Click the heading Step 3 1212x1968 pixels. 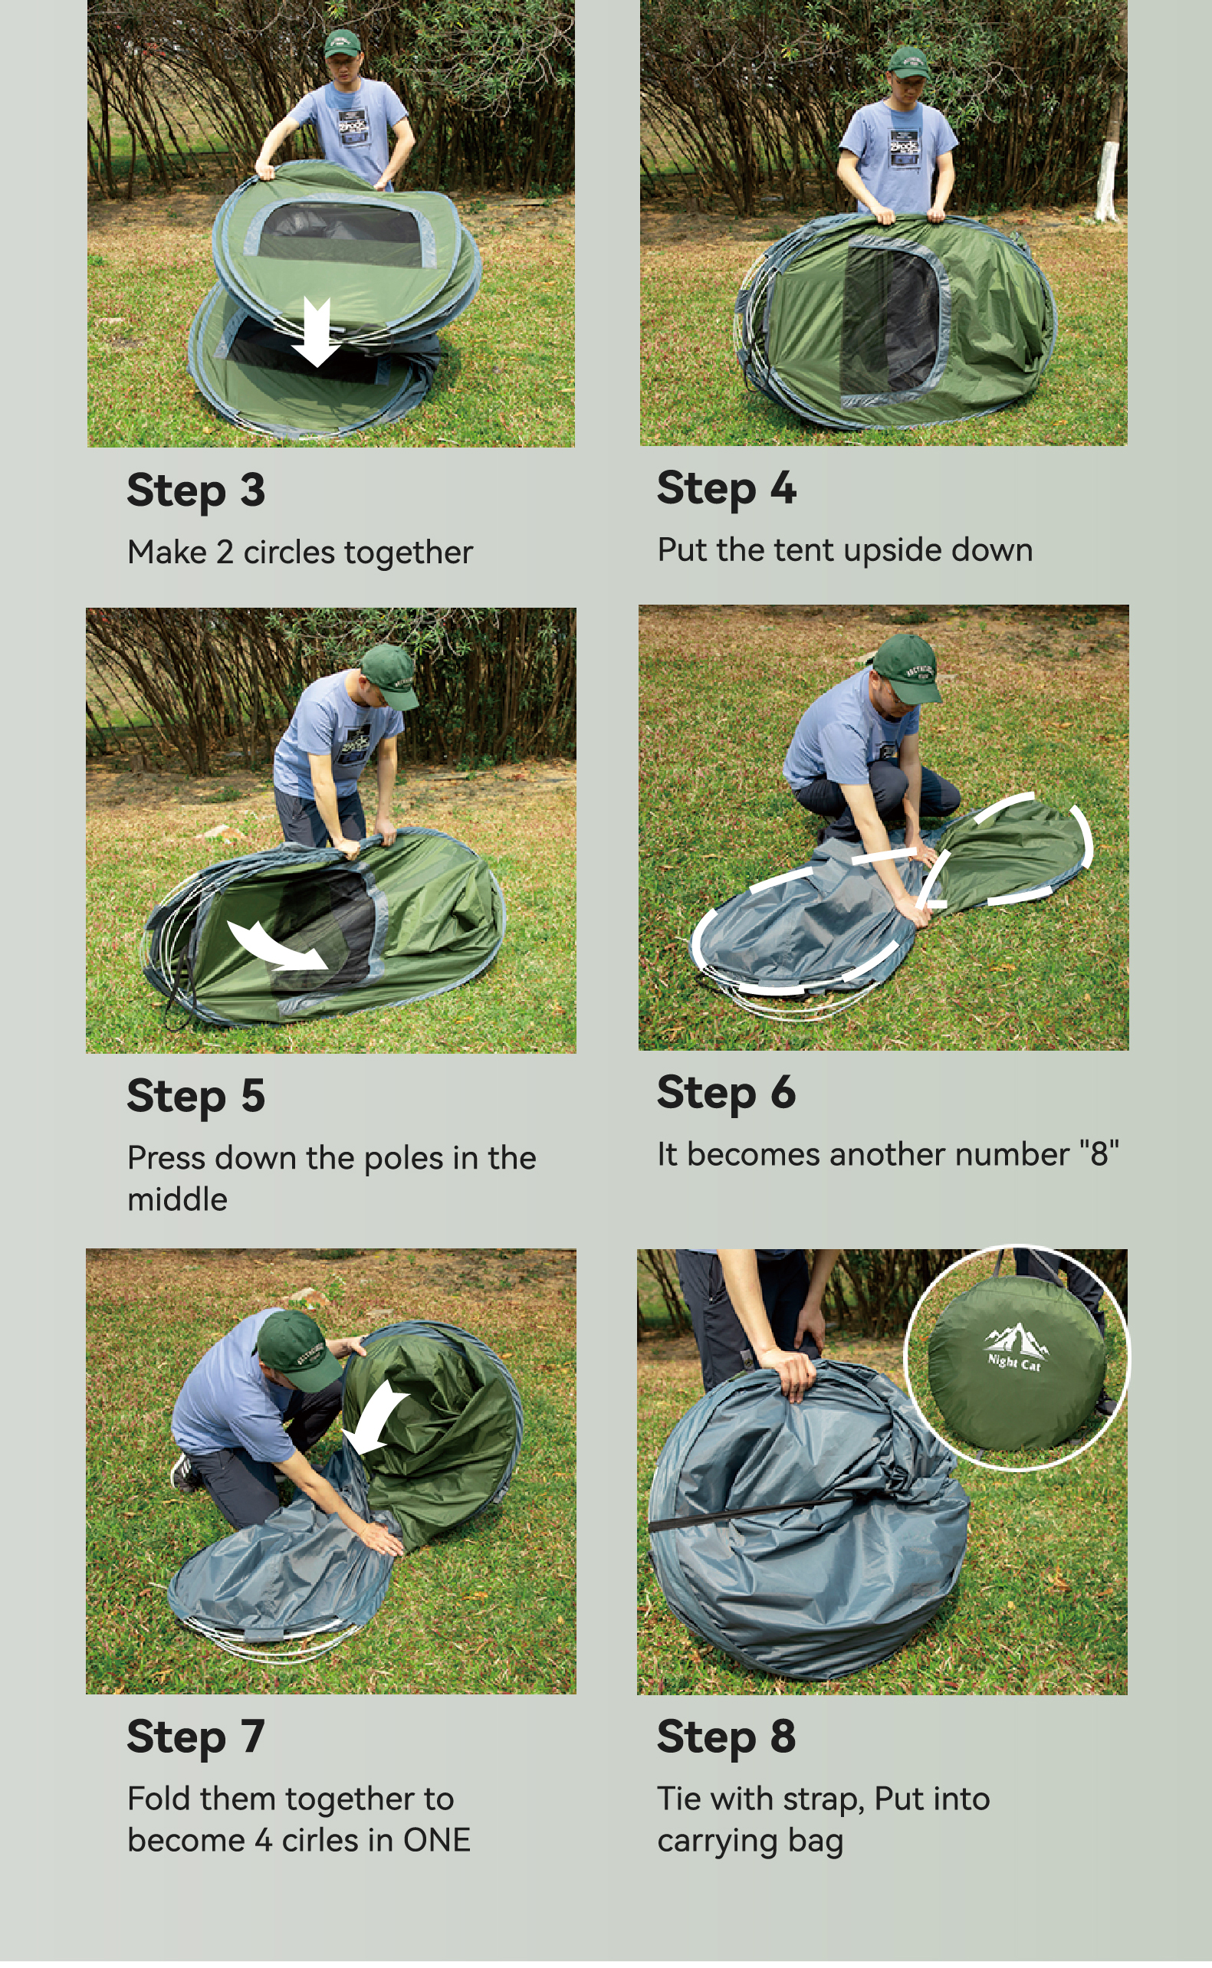click(195, 490)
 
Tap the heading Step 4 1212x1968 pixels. click(726, 488)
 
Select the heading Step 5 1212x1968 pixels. click(195, 1096)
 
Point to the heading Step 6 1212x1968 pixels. click(726, 1093)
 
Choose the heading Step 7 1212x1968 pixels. click(195, 1737)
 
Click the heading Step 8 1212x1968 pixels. click(726, 1737)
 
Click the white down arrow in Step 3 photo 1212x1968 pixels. click(317, 332)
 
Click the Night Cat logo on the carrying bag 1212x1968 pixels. click(1016, 1347)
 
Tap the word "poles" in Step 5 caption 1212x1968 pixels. click(404, 1159)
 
